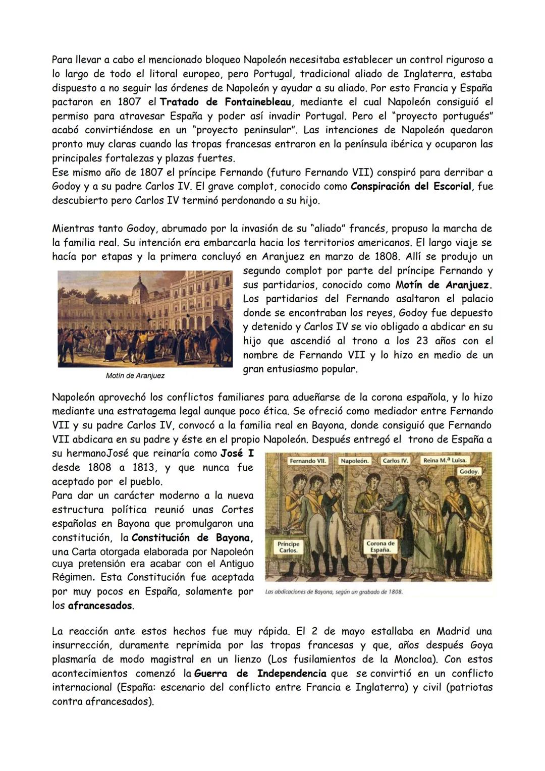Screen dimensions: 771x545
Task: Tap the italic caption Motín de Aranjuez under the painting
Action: pyautogui.click(x=135, y=376)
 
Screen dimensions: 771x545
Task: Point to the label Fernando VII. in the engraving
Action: pyautogui.click(x=308, y=461)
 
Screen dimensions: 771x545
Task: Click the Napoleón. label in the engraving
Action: pyautogui.click(x=355, y=461)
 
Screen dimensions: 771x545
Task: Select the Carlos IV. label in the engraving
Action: pyautogui.click(x=395, y=461)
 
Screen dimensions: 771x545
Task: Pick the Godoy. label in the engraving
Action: pyautogui.click(x=469, y=471)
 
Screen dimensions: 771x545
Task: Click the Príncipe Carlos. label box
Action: pyautogui.click(x=289, y=547)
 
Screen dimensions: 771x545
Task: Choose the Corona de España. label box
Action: pyautogui.click(x=381, y=546)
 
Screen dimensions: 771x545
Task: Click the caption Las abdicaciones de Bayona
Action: pyautogui.click(x=333, y=592)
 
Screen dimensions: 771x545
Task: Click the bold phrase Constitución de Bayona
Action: pyautogui.click(x=192, y=538)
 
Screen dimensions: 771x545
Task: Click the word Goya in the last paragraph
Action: pyautogui.click(x=481, y=645)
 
